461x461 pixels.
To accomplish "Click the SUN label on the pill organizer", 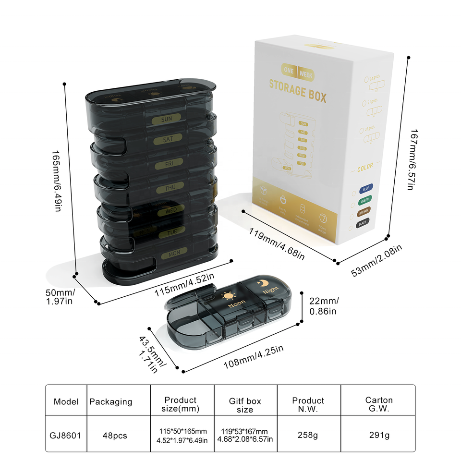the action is pos(167,119).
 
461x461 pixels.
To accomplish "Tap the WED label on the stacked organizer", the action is pos(171,210).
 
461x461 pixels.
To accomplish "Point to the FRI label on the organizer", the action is pos(169,164).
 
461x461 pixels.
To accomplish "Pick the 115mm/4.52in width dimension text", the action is pos(184,284).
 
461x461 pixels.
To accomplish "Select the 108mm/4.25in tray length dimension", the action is pos(254,357).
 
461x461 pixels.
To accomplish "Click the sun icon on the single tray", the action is pos(227,294).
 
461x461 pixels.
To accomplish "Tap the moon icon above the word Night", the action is pos(265,283).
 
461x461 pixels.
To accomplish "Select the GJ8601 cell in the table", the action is pos(65,436).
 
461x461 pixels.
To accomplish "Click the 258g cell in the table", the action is pos(308,436).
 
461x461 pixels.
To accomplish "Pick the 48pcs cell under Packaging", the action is pos(115,436).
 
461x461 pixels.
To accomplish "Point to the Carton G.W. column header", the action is pos(378,404).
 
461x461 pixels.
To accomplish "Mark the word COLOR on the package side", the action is pos(365,167).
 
